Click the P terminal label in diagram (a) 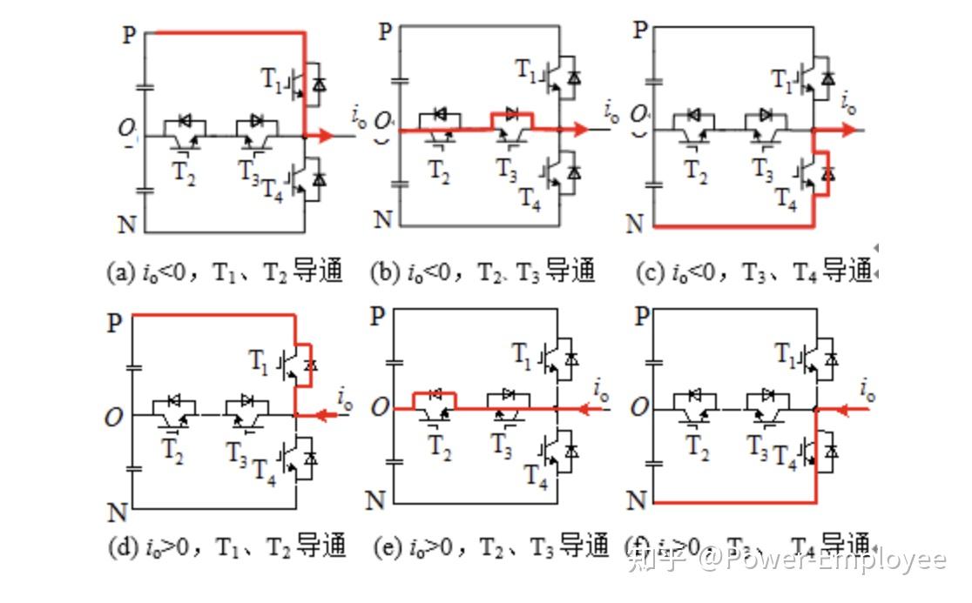pos(130,36)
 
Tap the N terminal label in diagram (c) pos(636,224)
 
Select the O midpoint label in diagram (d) pos(113,418)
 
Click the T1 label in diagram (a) pos(273,79)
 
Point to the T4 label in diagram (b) pos(530,199)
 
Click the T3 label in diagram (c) pos(763,171)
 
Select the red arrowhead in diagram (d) pos(323,416)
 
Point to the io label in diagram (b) pos(611,111)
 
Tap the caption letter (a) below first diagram pos(120,272)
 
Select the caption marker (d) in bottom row pos(122,547)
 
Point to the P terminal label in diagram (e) pos(376,316)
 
